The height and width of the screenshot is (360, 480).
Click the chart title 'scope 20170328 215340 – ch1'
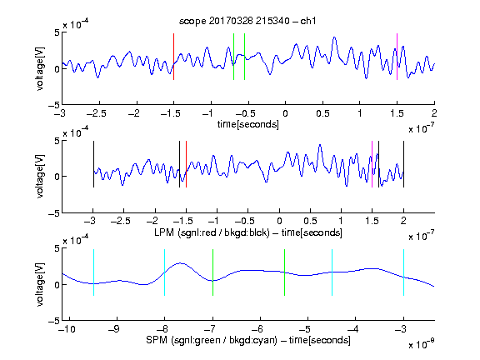pyautogui.click(x=247, y=21)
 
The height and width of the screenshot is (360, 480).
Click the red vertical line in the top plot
pyautogui.click(x=173, y=57)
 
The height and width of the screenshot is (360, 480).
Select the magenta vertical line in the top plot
pyautogui.click(x=397, y=57)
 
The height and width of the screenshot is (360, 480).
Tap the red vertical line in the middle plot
pyautogui.click(x=186, y=164)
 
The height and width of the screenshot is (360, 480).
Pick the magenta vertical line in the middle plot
pyautogui.click(x=372, y=164)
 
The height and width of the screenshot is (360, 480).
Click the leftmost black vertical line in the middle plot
pyautogui.click(x=93, y=164)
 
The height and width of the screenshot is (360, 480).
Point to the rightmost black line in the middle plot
pyautogui.click(x=403, y=164)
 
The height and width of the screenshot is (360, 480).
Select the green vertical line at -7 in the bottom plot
pyautogui.click(x=212, y=272)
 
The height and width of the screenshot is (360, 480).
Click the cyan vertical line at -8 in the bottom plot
pyautogui.click(x=165, y=272)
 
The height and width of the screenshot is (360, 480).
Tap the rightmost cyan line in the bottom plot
pyautogui.click(x=403, y=272)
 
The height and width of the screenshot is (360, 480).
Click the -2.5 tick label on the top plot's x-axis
pyautogui.click(x=96, y=114)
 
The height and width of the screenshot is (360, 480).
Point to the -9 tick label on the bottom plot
pyautogui.click(x=114, y=329)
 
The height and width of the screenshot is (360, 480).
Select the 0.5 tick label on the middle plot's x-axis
pyautogui.click(x=310, y=221)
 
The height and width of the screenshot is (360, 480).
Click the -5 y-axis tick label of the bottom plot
pyautogui.click(x=54, y=321)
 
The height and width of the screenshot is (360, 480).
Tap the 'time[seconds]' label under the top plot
pyautogui.click(x=248, y=124)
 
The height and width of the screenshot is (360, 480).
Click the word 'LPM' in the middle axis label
pyautogui.click(x=164, y=232)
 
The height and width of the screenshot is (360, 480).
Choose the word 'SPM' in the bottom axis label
pyautogui.click(x=156, y=340)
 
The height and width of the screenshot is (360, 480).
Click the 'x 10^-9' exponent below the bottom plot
pyautogui.click(x=421, y=344)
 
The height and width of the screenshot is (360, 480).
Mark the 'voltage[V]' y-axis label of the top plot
pyautogui.click(x=40, y=68)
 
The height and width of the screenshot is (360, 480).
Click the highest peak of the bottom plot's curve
pyautogui.click(x=181, y=263)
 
